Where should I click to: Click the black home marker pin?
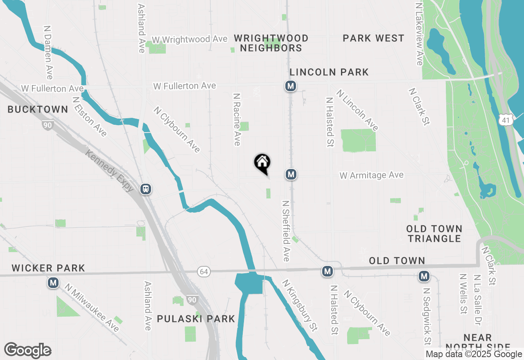pyautogui.click(x=262, y=163)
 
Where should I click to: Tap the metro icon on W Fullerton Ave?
pyautogui.click(x=291, y=86)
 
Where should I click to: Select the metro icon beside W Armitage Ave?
pyautogui.click(x=291, y=175)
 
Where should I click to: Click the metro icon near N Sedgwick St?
pyautogui.click(x=424, y=277)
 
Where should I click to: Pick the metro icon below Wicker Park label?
pyautogui.click(x=53, y=283)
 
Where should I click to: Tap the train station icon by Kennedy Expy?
pyautogui.click(x=146, y=189)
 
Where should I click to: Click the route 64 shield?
pyautogui.click(x=203, y=271)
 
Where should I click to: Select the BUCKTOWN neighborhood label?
pyautogui.click(x=38, y=109)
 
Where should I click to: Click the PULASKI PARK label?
pyautogui.click(x=196, y=319)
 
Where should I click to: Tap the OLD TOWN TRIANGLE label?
pyautogui.click(x=434, y=233)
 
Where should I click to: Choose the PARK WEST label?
pyautogui.click(x=373, y=38)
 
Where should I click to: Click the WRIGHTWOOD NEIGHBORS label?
pyautogui.click(x=271, y=43)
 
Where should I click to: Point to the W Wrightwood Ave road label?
pyautogui.click(x=190, y=39)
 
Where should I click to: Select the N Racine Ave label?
pyautogui.click(x=237, y=119)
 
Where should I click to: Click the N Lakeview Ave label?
pyautogui.click(x=419, y=34)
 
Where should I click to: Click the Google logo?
pyautogui.click(x=27, y=351)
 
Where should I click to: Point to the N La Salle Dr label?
pyautogui.click(x=477, y=300)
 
